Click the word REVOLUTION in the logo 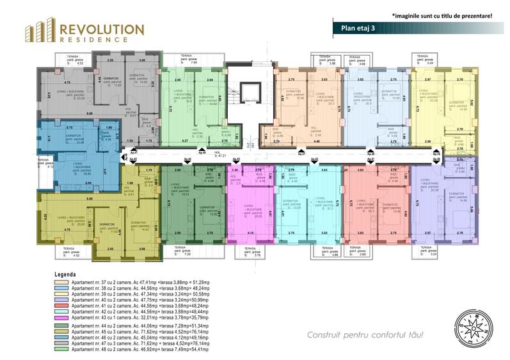(x=101, y=28)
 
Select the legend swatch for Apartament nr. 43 (x=62, y=318)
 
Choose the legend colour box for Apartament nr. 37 (x=62, y=282)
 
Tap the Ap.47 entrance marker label (x=134, y=153)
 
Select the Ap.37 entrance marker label (x=301, y=153)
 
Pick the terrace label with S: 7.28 (x=186, y=252)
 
